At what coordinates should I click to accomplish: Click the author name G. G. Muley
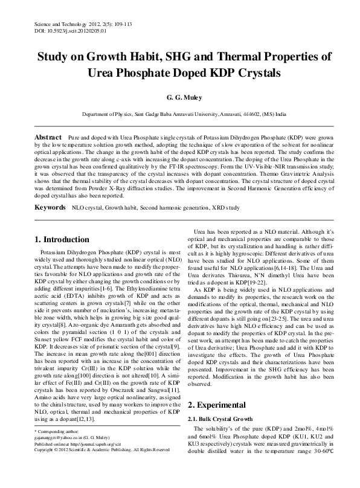coord(180,97)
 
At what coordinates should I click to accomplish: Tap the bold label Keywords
coord(48,207)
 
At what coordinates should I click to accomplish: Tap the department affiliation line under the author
coord(180,114)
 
